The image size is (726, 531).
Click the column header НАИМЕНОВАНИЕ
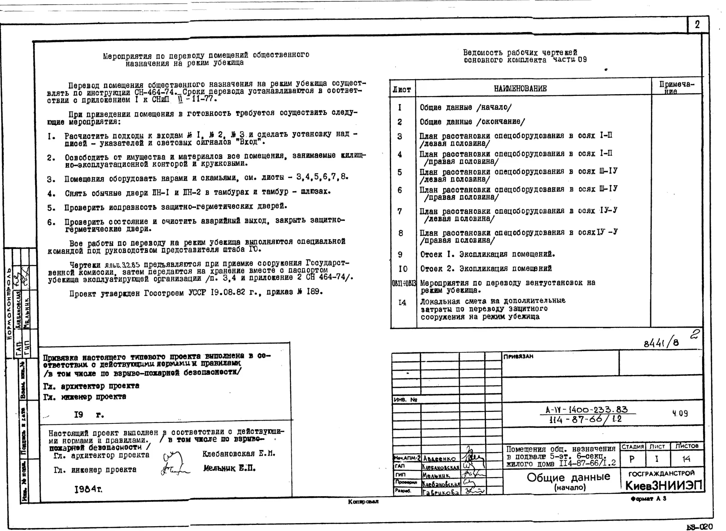click(x=520, y=89)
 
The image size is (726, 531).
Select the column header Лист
click(x=402, y=90)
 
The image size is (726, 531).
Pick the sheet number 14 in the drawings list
click(x=402, y=302)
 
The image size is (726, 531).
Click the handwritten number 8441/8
click(x=661, y=343)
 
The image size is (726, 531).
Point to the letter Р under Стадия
click(x=632, y=459)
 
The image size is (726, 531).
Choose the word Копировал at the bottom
click(x=363, y=501)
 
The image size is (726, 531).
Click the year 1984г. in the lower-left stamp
click(x=88, y=489)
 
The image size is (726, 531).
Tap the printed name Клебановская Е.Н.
click(x=239, y=454)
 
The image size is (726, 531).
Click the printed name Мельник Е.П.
click(x=229, y=468)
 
